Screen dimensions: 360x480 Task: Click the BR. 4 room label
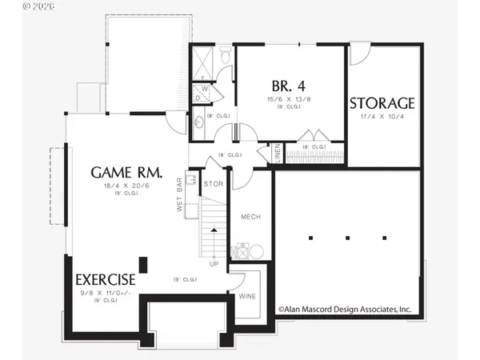coord(290,84)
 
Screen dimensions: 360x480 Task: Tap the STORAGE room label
coord(382,103)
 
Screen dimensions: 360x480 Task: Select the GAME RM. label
coord(127,172)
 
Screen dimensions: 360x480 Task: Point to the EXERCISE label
coord(106,280)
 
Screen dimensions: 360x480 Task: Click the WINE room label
coord(247,296)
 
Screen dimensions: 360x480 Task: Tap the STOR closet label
coord(213,184)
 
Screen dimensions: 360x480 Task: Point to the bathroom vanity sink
coord(198,123)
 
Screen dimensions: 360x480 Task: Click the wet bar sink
coord(191,178)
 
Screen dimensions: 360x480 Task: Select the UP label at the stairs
coord(214,263)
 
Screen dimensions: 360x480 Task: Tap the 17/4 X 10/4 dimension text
coord(382,117)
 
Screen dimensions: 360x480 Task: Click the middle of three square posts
coord(348,238)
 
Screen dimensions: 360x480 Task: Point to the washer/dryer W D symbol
coord(204,93)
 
